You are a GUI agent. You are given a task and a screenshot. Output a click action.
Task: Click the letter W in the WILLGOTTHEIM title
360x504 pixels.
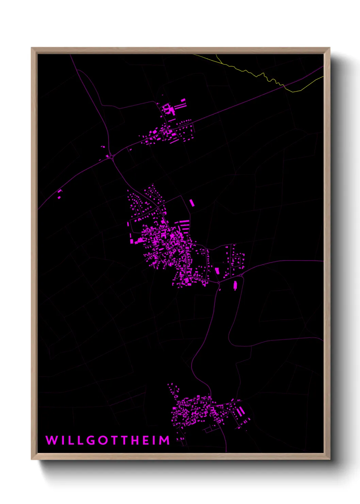tap(52, 440)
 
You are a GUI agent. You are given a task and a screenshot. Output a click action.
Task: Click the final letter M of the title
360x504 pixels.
tap(164, 440)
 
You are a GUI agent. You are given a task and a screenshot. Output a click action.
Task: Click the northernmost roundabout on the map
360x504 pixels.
tap(111, 157)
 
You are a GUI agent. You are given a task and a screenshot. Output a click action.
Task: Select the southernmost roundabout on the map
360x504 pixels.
tap(218, 282)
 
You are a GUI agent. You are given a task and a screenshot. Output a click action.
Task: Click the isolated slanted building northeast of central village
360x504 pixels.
tap(192, 203)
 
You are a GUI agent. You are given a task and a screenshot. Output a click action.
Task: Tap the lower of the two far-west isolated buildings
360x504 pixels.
tap(59, 197)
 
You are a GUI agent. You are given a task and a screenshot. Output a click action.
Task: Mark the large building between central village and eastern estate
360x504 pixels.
tap(217, 271)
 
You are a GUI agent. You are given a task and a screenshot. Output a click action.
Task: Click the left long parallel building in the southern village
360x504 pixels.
tap(239, 412)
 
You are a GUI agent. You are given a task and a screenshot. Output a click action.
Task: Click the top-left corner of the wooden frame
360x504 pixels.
tap(32, 48)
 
